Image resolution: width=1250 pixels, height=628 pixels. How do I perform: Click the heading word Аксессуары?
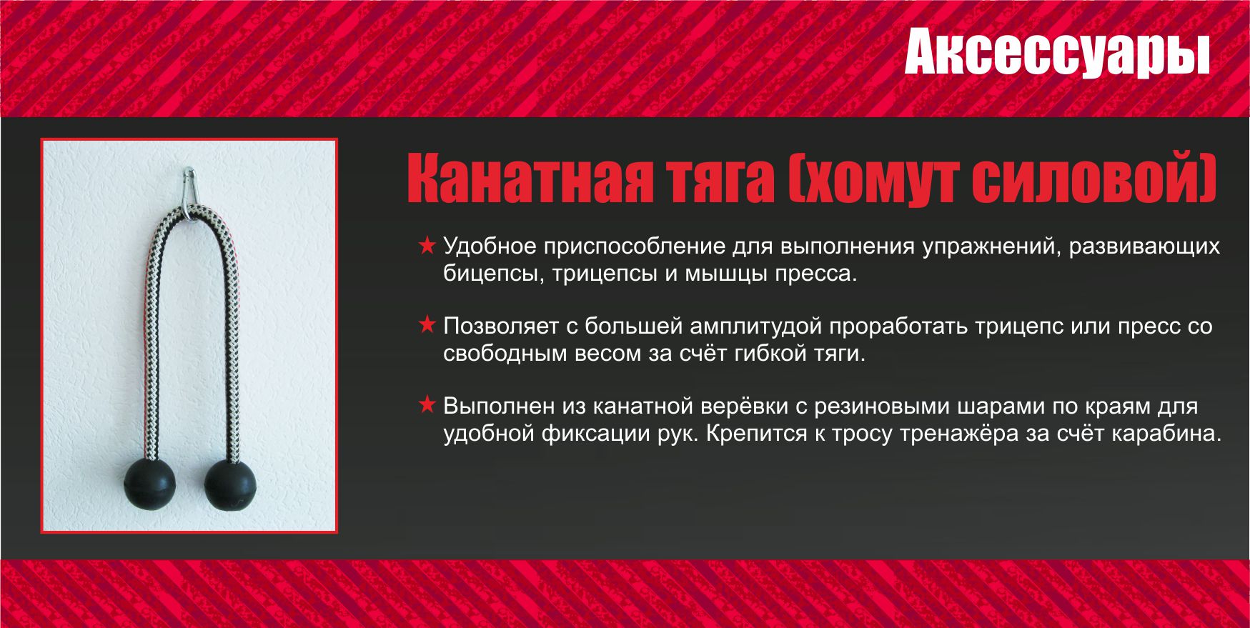pos(1056,53)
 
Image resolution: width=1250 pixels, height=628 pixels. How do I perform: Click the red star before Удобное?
pos(427,246)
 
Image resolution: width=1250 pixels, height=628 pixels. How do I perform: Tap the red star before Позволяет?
pos(427,326)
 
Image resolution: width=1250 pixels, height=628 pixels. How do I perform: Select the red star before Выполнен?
pos(427,406)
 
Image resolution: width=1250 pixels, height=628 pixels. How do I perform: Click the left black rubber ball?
pos(149,483)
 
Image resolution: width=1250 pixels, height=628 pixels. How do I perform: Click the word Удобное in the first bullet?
pos(490,246)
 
